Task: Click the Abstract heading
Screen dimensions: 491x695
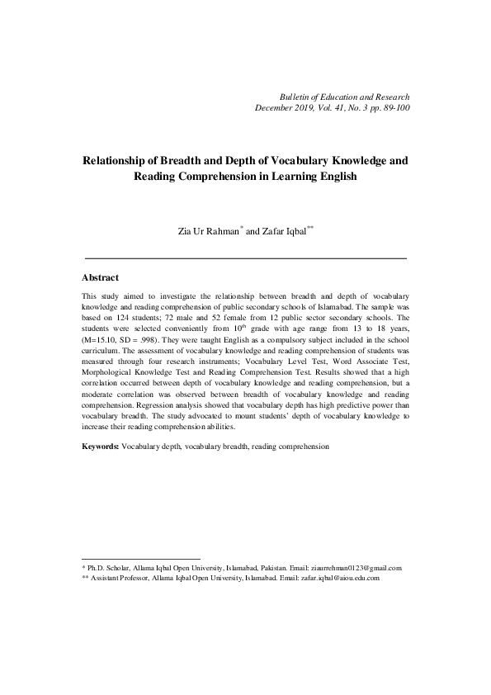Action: click(101, 278)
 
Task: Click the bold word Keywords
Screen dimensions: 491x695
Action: click(100, 446)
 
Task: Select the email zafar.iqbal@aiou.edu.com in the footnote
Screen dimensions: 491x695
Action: click(340, 579)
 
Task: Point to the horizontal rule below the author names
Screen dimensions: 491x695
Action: click(245, 258)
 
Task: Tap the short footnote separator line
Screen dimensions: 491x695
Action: click(141, 559)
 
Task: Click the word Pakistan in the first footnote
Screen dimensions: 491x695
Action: click(290, 568)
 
